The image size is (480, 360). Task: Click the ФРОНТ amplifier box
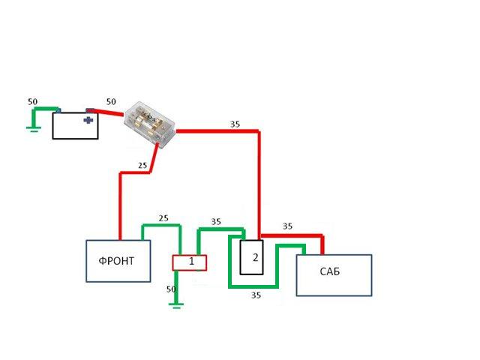click(x=118, y=260)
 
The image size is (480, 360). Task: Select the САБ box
click(x=334, y=275)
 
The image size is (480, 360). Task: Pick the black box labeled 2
click(x=252, y=258)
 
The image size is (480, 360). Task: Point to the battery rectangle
click(x=75, y=126)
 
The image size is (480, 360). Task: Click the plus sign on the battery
click(x=89, y=119)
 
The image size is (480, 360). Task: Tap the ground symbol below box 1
click(x=176, y=304)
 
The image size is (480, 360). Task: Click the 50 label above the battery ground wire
click(x=32, y=101)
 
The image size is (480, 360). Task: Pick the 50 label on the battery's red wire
click(x=111, y=101)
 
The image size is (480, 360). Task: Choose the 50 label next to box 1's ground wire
click(x=170, y=289)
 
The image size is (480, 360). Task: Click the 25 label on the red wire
click(x=142, y=165)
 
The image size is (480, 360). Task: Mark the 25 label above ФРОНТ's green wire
click(x=163, y=218)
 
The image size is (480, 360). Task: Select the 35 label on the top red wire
click(x=235, y=124)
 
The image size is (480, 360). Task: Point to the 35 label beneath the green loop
click(x=256, y=295)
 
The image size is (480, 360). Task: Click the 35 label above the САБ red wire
click(x=287, y=226)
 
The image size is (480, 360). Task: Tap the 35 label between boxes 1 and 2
click(x=216, y=222)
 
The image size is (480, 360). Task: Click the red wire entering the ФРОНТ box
click(x=120, y=210)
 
